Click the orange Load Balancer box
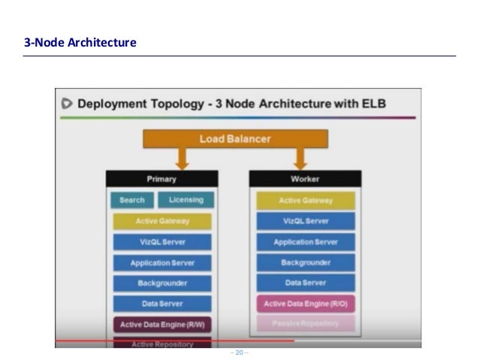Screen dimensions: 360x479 point(235,139)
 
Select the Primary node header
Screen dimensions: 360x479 point(161,179)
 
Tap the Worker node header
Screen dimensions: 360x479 point(305,179)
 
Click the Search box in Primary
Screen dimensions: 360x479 point(132,201)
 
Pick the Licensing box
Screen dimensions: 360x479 point(185,201)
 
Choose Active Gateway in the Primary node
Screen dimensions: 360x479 point(162,222)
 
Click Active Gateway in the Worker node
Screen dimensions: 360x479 point(306,201)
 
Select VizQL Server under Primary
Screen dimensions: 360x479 point(162,242)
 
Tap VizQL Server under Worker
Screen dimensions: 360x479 point(306,222)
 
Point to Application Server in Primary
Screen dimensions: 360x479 point(162,263)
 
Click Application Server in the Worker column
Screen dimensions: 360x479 point(306,242)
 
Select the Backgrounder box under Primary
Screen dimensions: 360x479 point(162,283)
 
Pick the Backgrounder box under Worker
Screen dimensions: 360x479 point(306,263)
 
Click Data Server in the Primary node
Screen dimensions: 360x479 point(162,304)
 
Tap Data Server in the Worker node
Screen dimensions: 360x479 point(306,283)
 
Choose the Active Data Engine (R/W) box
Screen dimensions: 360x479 point(162,325)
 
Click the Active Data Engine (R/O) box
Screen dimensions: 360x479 point(306,304)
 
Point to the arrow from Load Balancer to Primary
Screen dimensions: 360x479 point(182,159)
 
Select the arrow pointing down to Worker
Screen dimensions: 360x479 point(300,159)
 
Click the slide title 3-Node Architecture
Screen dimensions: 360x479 point(80,43)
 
